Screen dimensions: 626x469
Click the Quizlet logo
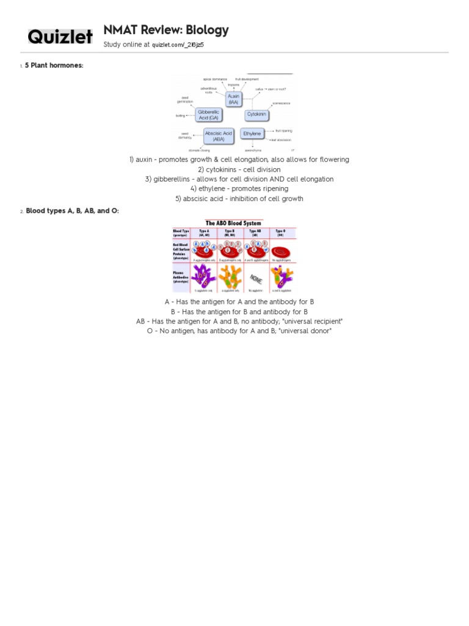[x=60, y=37]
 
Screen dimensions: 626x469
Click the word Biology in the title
[x=208, y=30]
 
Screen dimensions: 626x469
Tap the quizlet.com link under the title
[x=178, y=45]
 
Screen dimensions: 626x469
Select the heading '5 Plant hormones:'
[x=54, y=65]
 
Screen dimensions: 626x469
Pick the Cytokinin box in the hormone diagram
[x=257, y=115]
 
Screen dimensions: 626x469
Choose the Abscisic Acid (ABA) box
[x=218, y=136]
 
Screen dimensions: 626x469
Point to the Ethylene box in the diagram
[x=252, y=133]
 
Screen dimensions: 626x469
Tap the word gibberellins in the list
[x=174, y=179]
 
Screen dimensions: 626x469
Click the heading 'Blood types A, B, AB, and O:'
[x=72, y=211]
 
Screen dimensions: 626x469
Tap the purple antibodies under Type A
[x=202, y=276]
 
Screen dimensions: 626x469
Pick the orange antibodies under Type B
[x=229, y=276]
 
